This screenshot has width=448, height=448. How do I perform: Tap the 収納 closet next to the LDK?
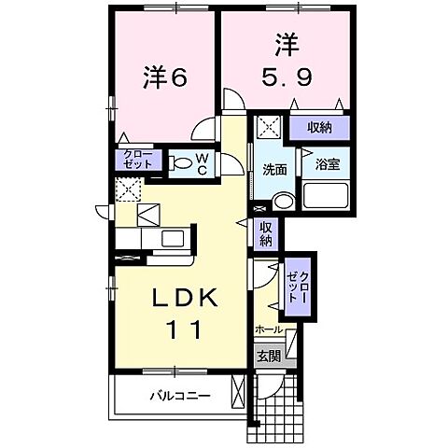(x=267, y=231)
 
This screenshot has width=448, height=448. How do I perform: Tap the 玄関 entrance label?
(x=267, y=355)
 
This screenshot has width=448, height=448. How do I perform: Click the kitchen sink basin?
(x=174, y=239)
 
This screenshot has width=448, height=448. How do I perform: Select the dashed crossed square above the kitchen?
(x=127, y=189)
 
